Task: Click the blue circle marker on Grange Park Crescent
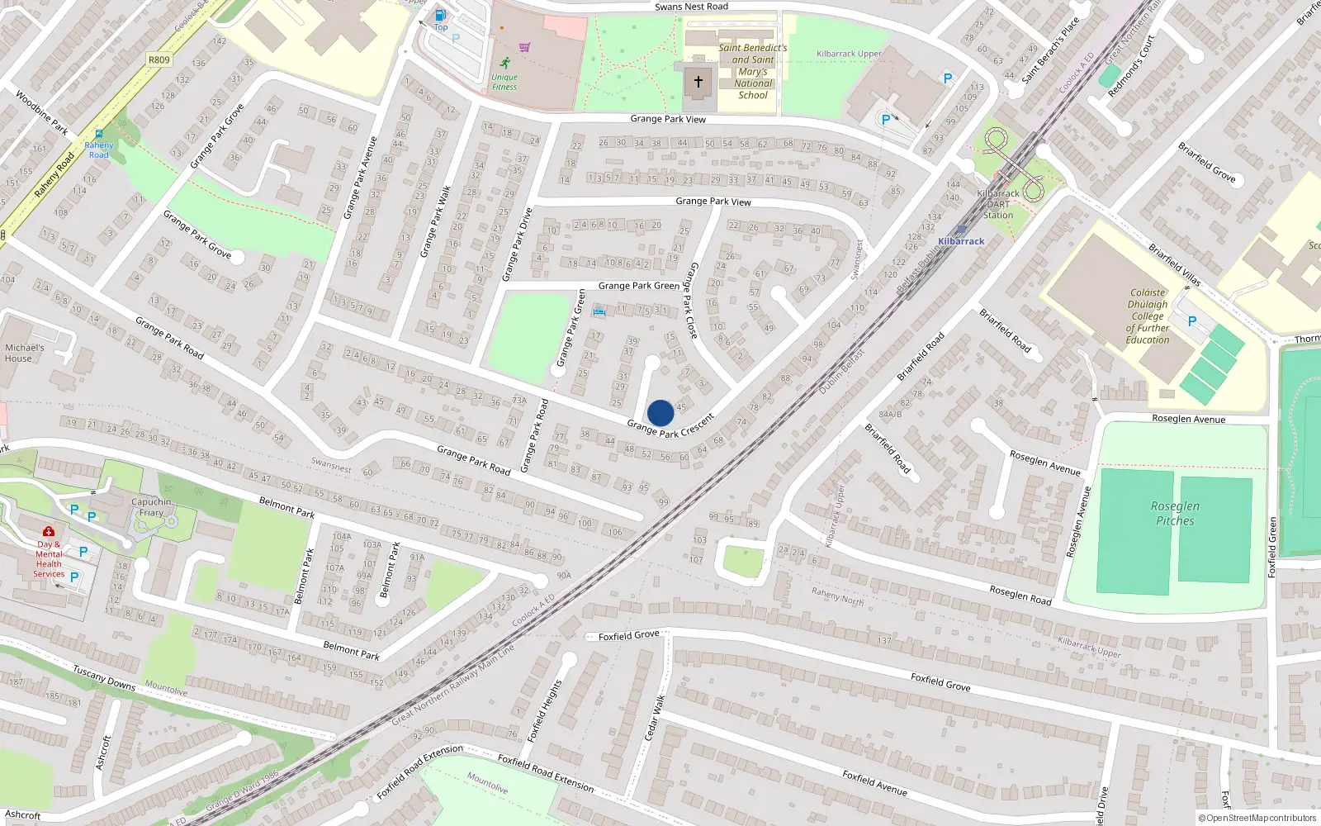[x=660, y=413]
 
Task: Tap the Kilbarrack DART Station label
[x=998, y=204]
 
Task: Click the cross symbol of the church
[x=698, y=81]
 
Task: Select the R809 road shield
[x=159, y=59]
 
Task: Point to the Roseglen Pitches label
[x=1175, y=513]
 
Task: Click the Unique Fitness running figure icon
[x=504, y=63]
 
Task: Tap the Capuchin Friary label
[x=151, y=507]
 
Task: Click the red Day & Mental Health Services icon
[x=49, y=531]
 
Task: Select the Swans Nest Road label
[x=691, y=7]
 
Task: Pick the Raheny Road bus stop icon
[x=99, y=134]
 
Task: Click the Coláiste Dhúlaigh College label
[x=1148, y=316]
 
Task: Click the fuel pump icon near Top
[x=441, y=15]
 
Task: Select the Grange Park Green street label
[x=638, y=286]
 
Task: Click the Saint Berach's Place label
[x=1050, y=51]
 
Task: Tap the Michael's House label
[x=24, y=353]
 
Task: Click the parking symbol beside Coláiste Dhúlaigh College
[x=1191, y=321]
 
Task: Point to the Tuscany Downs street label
[x=104, y=677]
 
